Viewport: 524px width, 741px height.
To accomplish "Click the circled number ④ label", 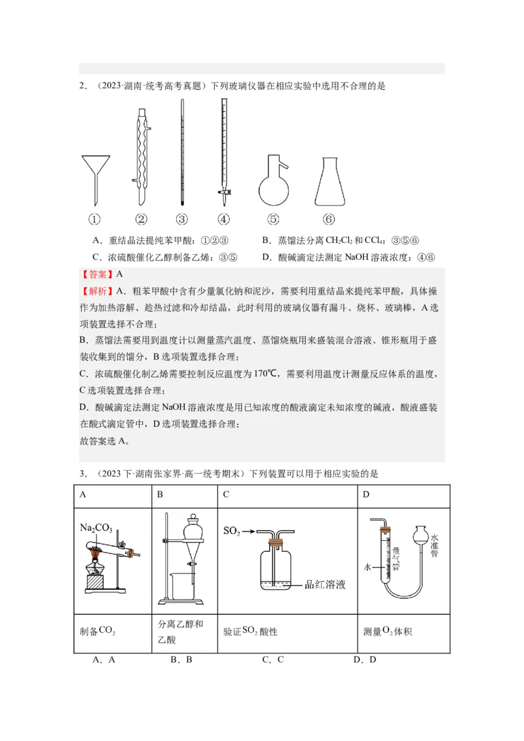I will pos(223,220).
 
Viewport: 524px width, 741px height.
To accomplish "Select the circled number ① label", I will pos(94,220).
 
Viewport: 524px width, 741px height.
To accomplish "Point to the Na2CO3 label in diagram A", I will pos(96,528).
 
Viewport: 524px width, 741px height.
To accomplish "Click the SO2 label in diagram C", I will pos(231,530).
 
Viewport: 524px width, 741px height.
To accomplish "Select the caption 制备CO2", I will pos(98,632).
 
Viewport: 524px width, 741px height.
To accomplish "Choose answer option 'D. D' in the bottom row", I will pos(364,660).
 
